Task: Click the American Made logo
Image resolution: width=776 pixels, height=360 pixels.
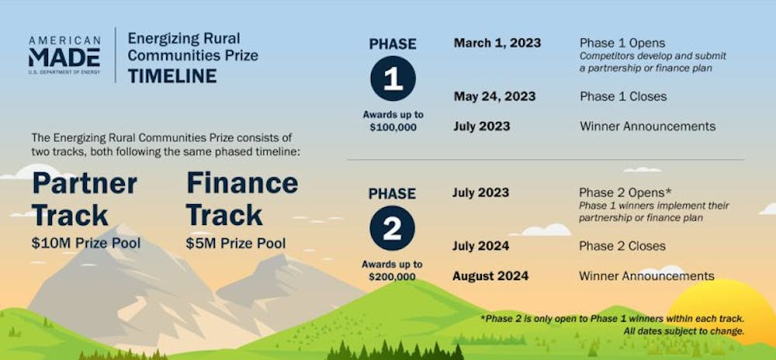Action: [64, 55]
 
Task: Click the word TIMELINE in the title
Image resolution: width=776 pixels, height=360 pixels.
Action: [172, 76]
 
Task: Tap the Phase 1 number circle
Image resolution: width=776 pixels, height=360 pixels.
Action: [393, 78]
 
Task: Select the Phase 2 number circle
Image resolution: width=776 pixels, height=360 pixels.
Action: [393, 228]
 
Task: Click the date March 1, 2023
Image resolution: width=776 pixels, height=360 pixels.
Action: [497, 43]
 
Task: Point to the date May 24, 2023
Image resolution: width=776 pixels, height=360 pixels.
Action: [494, 96]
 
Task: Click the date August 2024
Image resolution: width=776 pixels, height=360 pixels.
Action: [490, 275]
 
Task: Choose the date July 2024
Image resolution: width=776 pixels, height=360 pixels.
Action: [480, 246]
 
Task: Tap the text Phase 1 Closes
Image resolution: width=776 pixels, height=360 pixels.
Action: [623, 96]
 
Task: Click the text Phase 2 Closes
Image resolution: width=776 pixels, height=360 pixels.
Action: [622, 246]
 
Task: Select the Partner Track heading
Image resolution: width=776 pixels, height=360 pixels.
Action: [85, 199]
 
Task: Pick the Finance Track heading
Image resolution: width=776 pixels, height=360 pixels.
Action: [242, 199]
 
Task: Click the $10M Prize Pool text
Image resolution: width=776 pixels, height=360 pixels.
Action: [86, 244]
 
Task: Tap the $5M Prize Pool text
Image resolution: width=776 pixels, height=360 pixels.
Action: [236, 244]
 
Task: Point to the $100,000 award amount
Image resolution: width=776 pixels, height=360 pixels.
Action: [393, 127]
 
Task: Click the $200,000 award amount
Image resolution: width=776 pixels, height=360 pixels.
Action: [392, 276]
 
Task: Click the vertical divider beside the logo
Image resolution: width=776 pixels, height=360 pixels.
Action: [116, 55]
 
